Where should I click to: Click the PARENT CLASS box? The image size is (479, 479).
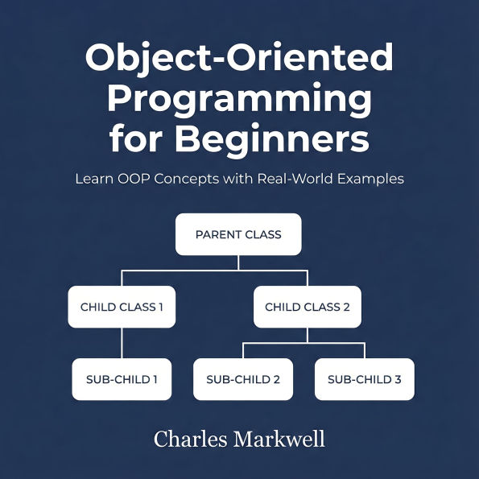click(238, 234)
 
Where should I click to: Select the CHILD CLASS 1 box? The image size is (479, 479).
click(122, 307)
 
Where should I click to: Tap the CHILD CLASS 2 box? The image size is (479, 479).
click(307, 307)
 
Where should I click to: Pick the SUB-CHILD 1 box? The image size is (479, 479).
click(122, 379)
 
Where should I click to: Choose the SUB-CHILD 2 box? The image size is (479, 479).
click(243, 379)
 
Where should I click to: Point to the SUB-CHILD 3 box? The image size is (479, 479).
click(364, 379)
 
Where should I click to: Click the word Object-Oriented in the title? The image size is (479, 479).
click(239, 60)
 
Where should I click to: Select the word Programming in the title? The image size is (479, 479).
click(239, 100)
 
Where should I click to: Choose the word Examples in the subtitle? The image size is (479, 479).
click(370, 179)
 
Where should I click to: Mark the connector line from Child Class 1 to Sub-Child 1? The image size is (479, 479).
click(122, 343)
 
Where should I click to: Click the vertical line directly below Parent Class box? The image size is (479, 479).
click(238, 262)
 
